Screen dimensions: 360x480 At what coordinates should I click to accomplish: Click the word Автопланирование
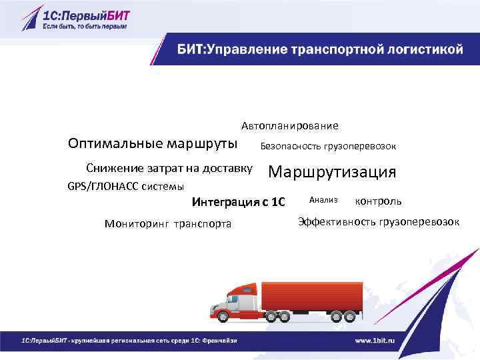(289, 125)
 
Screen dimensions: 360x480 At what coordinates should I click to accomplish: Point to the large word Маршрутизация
(332, 172)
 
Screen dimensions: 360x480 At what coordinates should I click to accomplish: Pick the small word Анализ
(324, 199)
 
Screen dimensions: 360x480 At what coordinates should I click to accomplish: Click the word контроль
(379, 201)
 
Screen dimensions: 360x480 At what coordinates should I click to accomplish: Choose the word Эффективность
(336, 221)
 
